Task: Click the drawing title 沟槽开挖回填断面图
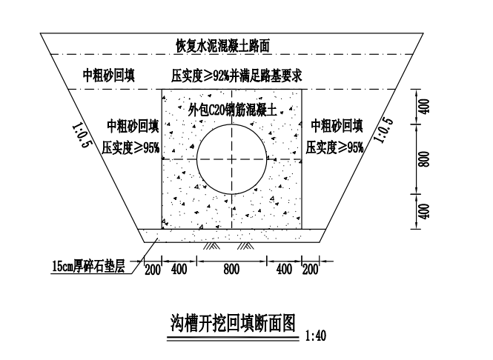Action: pyautogui.click(x=233, y=323)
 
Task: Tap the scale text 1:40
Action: pyautogui.click(x=316, y=336)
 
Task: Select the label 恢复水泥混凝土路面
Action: pyautogui.click(x=222, y=45)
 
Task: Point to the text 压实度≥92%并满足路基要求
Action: pyautogui.click(x=236, y=76)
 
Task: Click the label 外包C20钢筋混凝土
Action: pyautogui.click(x=232, y=110)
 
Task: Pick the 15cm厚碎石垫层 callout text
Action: pyautogui.click(x=89, y=266)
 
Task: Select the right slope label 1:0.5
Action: pyautogui.click(x=383, y=130)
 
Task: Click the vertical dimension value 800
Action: pyautogui.click(x=424, y=159)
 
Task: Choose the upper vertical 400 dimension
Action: pyautogui.click(x=424, y=107)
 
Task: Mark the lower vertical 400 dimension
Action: pyautogui.click(x=424, y=211)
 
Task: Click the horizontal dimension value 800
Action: pyautogui.click(x=231, y=269)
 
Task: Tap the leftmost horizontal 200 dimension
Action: pyautogui.click(x=153, y=270)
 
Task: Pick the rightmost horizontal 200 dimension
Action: pyautogui.click(x=311, y=270)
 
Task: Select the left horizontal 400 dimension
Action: pyautogui.click(x=179, y=269)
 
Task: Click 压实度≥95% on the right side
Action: pyautogui.click(x=334, y=147)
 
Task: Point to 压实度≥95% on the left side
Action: pyautogui.click(x=130, y=147)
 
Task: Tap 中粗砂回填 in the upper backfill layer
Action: pyautogui.click(x=109, y=76)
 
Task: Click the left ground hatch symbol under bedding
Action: pyautogui.click(x=211, y=246)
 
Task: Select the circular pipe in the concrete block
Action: pyautogui.click(x=232, y=124)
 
